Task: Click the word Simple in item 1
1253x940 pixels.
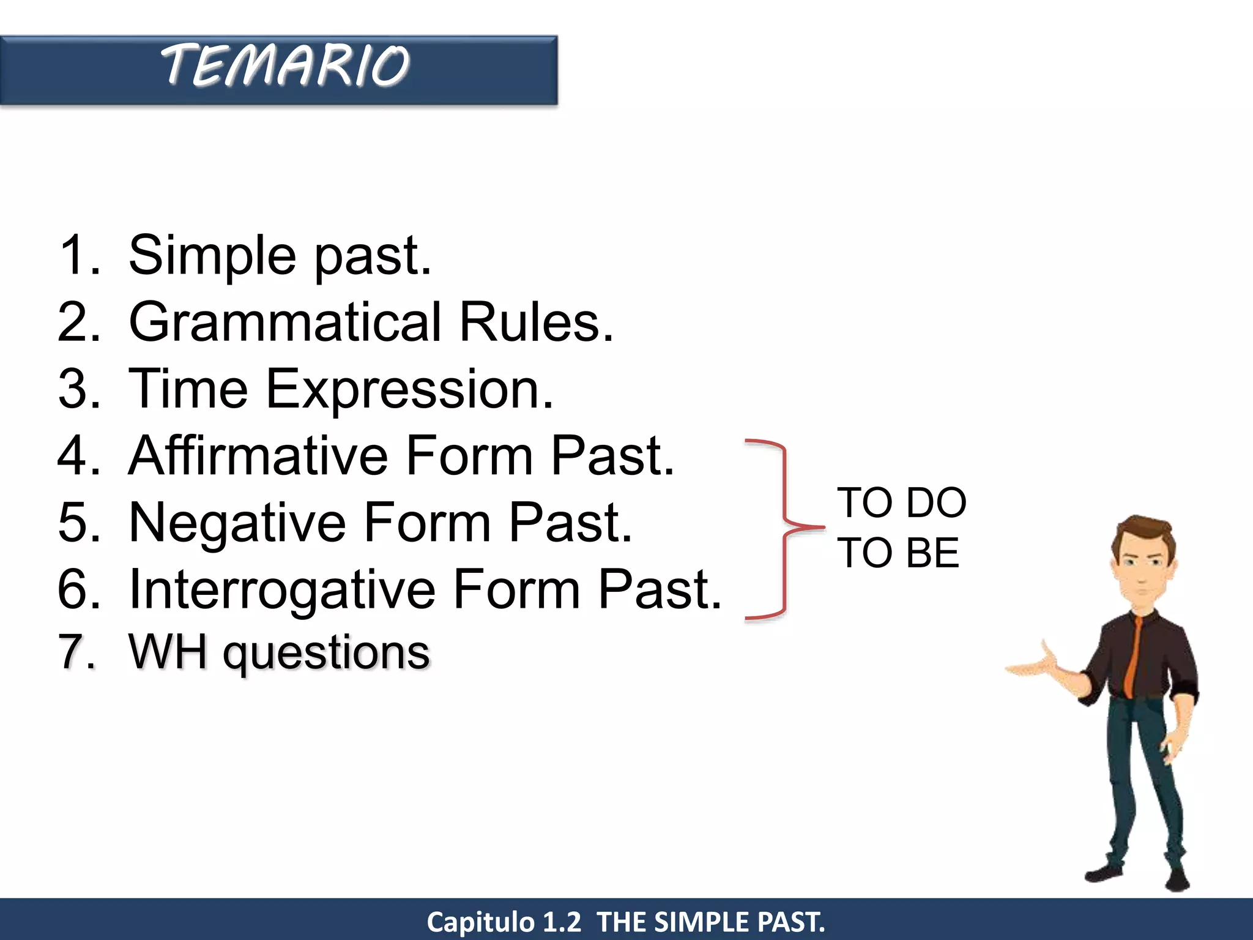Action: pyautogui.click(x=212, y=256)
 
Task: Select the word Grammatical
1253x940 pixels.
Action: pyautogui.click(x=285, y=323)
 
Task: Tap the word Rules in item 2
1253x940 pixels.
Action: pyautogui.click(x=536, y=323)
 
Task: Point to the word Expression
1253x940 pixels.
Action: pyautogui.click(x=409, y=390)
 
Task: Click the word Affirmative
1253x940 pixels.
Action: pyautogui.click(x=258, y=456)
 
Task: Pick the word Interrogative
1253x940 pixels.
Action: pyautogui.click(x=283, y=590)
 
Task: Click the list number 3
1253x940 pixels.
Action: pyautogui.click(x=78, y=389)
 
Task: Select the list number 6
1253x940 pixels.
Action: pyautogui.click(x=78, y=589)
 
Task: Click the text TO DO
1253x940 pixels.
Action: pyautogui.click(x=901, y=503)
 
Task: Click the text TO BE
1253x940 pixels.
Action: pyautogui.click(x=898, y=553)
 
